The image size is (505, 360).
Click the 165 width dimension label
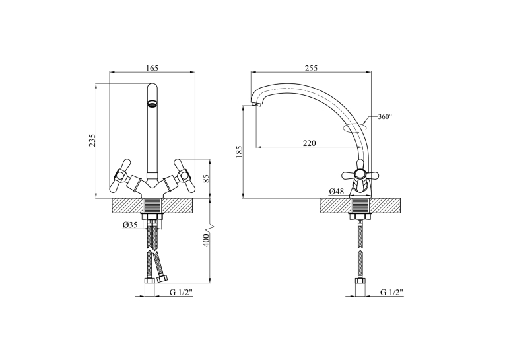[x=152, y=68]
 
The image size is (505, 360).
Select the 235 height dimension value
[x=92, y=141]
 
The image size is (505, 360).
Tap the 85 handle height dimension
[x=207, y=178]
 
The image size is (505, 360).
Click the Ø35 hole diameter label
[x=130, y=225]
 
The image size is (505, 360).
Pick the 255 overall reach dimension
[x=311, y=68]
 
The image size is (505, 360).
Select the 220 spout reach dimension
[x=309, y=143]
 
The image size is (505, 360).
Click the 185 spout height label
[x=239, y=151]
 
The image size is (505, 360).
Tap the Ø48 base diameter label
[x=336, y=191]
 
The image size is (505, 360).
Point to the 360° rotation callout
[x=385, y=117]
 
